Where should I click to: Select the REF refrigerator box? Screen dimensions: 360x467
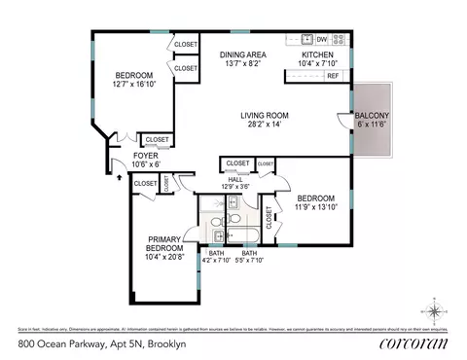click(333, 76)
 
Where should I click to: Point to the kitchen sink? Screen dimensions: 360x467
click(305, 41)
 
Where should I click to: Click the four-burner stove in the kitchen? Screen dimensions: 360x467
click(340, 41)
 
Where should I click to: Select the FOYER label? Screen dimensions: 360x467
click(146, 156)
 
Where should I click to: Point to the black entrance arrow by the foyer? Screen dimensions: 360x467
click(105, 177)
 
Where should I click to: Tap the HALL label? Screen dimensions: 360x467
click(235, 178)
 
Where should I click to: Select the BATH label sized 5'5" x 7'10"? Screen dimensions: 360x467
click(249, 257)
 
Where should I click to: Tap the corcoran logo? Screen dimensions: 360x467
click(415, 342)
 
